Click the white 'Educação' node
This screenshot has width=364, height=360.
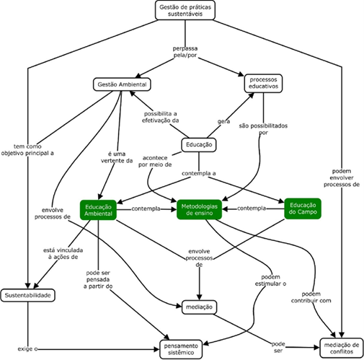[198, 144]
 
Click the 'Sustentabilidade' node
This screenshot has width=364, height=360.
[28, 296]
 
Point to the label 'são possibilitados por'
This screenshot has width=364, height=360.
[263, 129]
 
